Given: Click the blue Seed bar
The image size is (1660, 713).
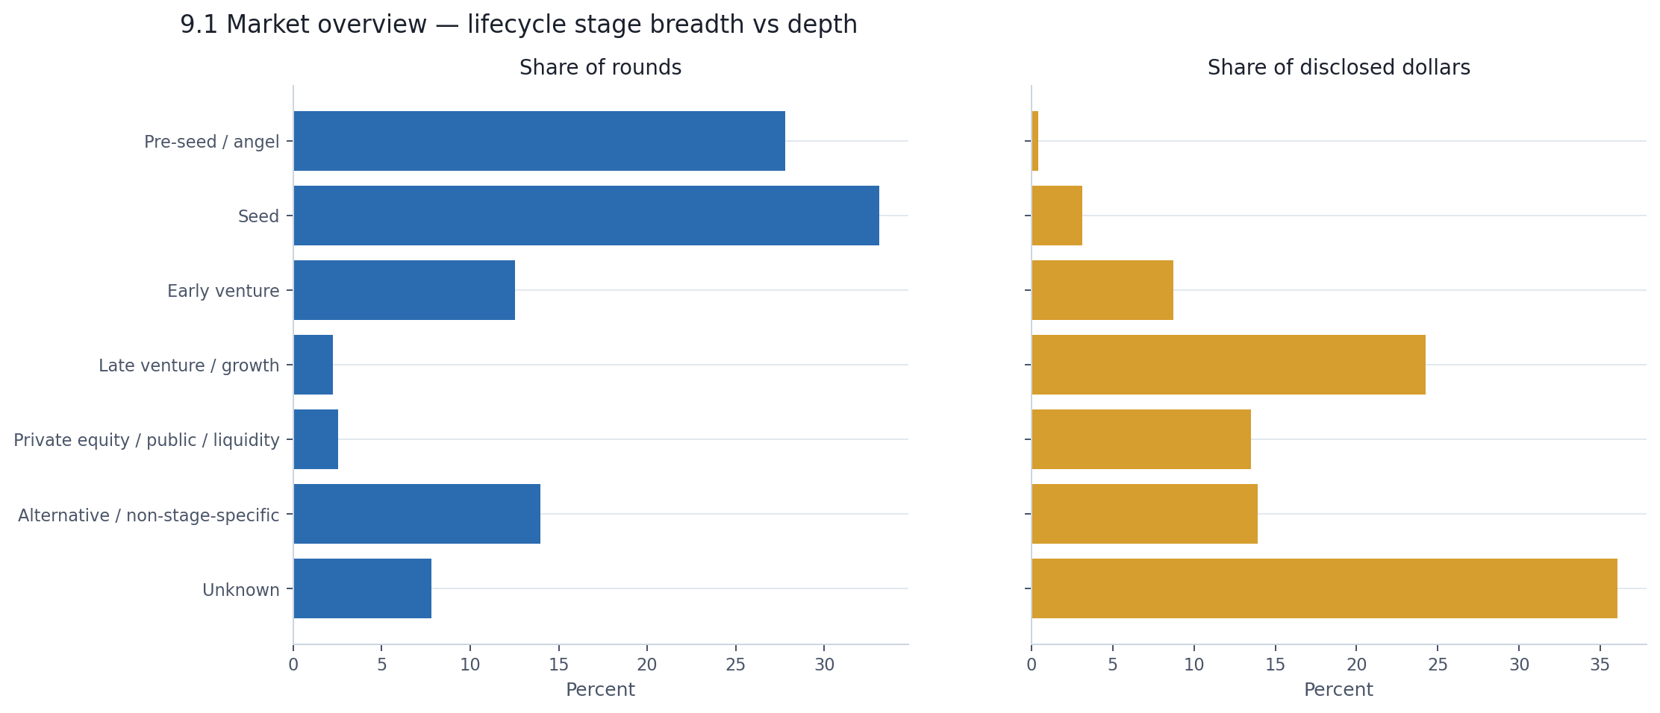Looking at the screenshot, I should tap(586, 216).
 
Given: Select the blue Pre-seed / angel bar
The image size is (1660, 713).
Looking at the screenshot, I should tap(539, 141).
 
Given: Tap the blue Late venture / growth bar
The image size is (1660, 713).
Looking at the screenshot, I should tap(313, 365).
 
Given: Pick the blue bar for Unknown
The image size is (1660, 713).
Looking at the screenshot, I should tap(363, 588).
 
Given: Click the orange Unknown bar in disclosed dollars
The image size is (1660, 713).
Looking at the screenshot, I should tap(1324, 588).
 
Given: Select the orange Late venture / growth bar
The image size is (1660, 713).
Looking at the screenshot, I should tap(1229, 365).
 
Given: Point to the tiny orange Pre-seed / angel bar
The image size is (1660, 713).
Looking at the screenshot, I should tap(1035, 141).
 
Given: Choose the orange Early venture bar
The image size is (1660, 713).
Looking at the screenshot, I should tap(1102, 290).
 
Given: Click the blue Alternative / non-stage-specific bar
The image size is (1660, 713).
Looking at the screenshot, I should tap(416, 514).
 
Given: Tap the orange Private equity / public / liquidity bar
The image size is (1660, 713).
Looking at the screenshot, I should tap(1141, 439).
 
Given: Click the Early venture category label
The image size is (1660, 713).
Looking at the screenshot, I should tap(223, 291).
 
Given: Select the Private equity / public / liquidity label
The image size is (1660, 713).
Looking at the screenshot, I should tap(146, 440).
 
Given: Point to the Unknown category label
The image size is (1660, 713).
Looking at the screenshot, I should tap(240, 590).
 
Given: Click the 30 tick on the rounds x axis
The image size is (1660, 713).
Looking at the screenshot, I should tap(824, 665).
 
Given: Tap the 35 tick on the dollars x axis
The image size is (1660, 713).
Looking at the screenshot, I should tap(1600, 665).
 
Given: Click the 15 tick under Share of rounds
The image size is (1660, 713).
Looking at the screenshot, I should tap(558, 665).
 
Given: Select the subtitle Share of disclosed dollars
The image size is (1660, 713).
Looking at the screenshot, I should tap(1338, 68).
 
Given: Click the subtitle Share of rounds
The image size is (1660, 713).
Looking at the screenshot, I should tap(600, 68).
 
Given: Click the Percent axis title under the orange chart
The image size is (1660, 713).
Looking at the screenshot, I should tap(1338, 690).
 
